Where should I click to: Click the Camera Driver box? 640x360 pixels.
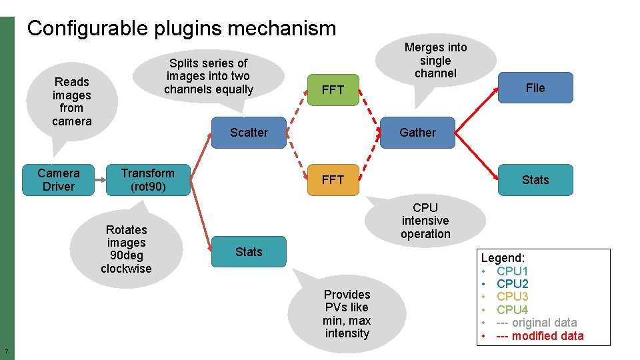59,180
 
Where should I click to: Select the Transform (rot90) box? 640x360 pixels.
148,180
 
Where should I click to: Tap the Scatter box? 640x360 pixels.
249,133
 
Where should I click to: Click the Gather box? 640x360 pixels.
418,133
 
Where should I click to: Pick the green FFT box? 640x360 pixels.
333,90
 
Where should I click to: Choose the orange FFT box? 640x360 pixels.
333,180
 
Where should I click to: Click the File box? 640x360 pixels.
535,88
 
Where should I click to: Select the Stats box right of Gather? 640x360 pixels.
535,180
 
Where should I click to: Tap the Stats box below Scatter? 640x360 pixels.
249,252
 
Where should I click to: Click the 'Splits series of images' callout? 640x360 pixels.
209,76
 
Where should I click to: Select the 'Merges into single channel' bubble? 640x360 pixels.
435,60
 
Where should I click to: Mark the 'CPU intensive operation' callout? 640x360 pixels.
425,221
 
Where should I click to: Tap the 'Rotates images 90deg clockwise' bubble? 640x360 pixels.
126,249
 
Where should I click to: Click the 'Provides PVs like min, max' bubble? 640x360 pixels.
347,313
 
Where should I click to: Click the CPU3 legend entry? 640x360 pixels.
512,297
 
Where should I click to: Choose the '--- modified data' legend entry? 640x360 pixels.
539,336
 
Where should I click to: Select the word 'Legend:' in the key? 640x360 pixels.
503,257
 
